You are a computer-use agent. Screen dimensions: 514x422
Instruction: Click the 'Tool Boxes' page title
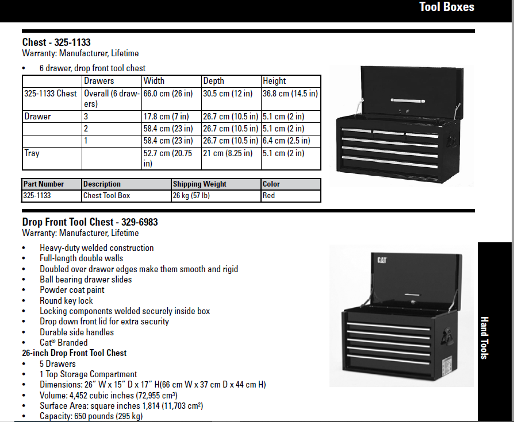coord(447,7)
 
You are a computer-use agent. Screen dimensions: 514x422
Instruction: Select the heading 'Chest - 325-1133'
coord(56,42)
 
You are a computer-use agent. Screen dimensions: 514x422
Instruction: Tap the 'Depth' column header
coord(213,80)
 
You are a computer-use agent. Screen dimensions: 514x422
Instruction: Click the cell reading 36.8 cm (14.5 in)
coord(290,94)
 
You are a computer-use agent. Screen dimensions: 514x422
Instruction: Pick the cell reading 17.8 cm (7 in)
coord(166,116)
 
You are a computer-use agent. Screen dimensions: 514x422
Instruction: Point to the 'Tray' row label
coord(32,153)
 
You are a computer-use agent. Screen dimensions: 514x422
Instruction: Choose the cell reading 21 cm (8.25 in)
coord(228,153)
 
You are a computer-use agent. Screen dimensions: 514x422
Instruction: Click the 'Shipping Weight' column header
coord(200,184)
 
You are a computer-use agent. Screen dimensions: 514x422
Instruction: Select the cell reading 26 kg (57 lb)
coord(191,195)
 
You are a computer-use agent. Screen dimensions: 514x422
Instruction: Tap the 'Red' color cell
coord(268,195)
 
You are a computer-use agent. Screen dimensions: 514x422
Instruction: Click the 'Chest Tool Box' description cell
coord(106,195)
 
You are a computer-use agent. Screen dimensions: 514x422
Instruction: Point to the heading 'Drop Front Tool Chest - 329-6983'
coord(90,222)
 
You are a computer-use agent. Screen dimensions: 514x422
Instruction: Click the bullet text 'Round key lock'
coord(66,300)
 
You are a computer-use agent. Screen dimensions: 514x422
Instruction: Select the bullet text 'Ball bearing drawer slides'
coord(86,279)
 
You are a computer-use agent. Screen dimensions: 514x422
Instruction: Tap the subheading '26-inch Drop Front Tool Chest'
coord(74,353)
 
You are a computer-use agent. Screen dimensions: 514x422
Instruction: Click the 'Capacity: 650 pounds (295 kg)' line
coord(91,416)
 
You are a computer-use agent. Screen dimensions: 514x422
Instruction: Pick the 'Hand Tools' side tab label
coord(485,338)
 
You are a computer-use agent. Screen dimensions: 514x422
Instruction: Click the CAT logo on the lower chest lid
coord(382,260)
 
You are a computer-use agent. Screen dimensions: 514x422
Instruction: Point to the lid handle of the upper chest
coord(408,100)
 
